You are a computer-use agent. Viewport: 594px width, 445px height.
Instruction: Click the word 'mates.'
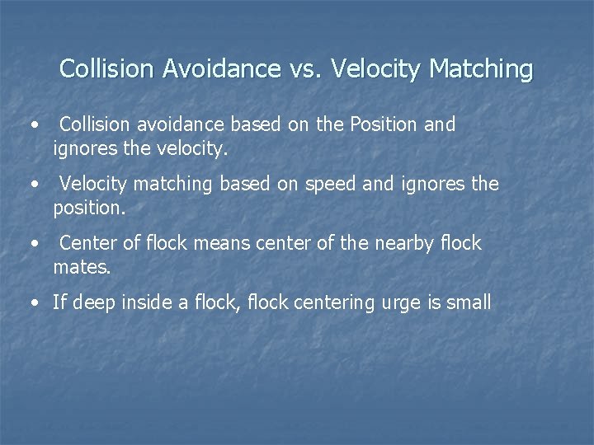pos(81,268)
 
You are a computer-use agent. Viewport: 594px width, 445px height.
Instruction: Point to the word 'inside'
pos(150,302)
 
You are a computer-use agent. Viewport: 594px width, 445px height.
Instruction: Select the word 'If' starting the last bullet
pos(59,302)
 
